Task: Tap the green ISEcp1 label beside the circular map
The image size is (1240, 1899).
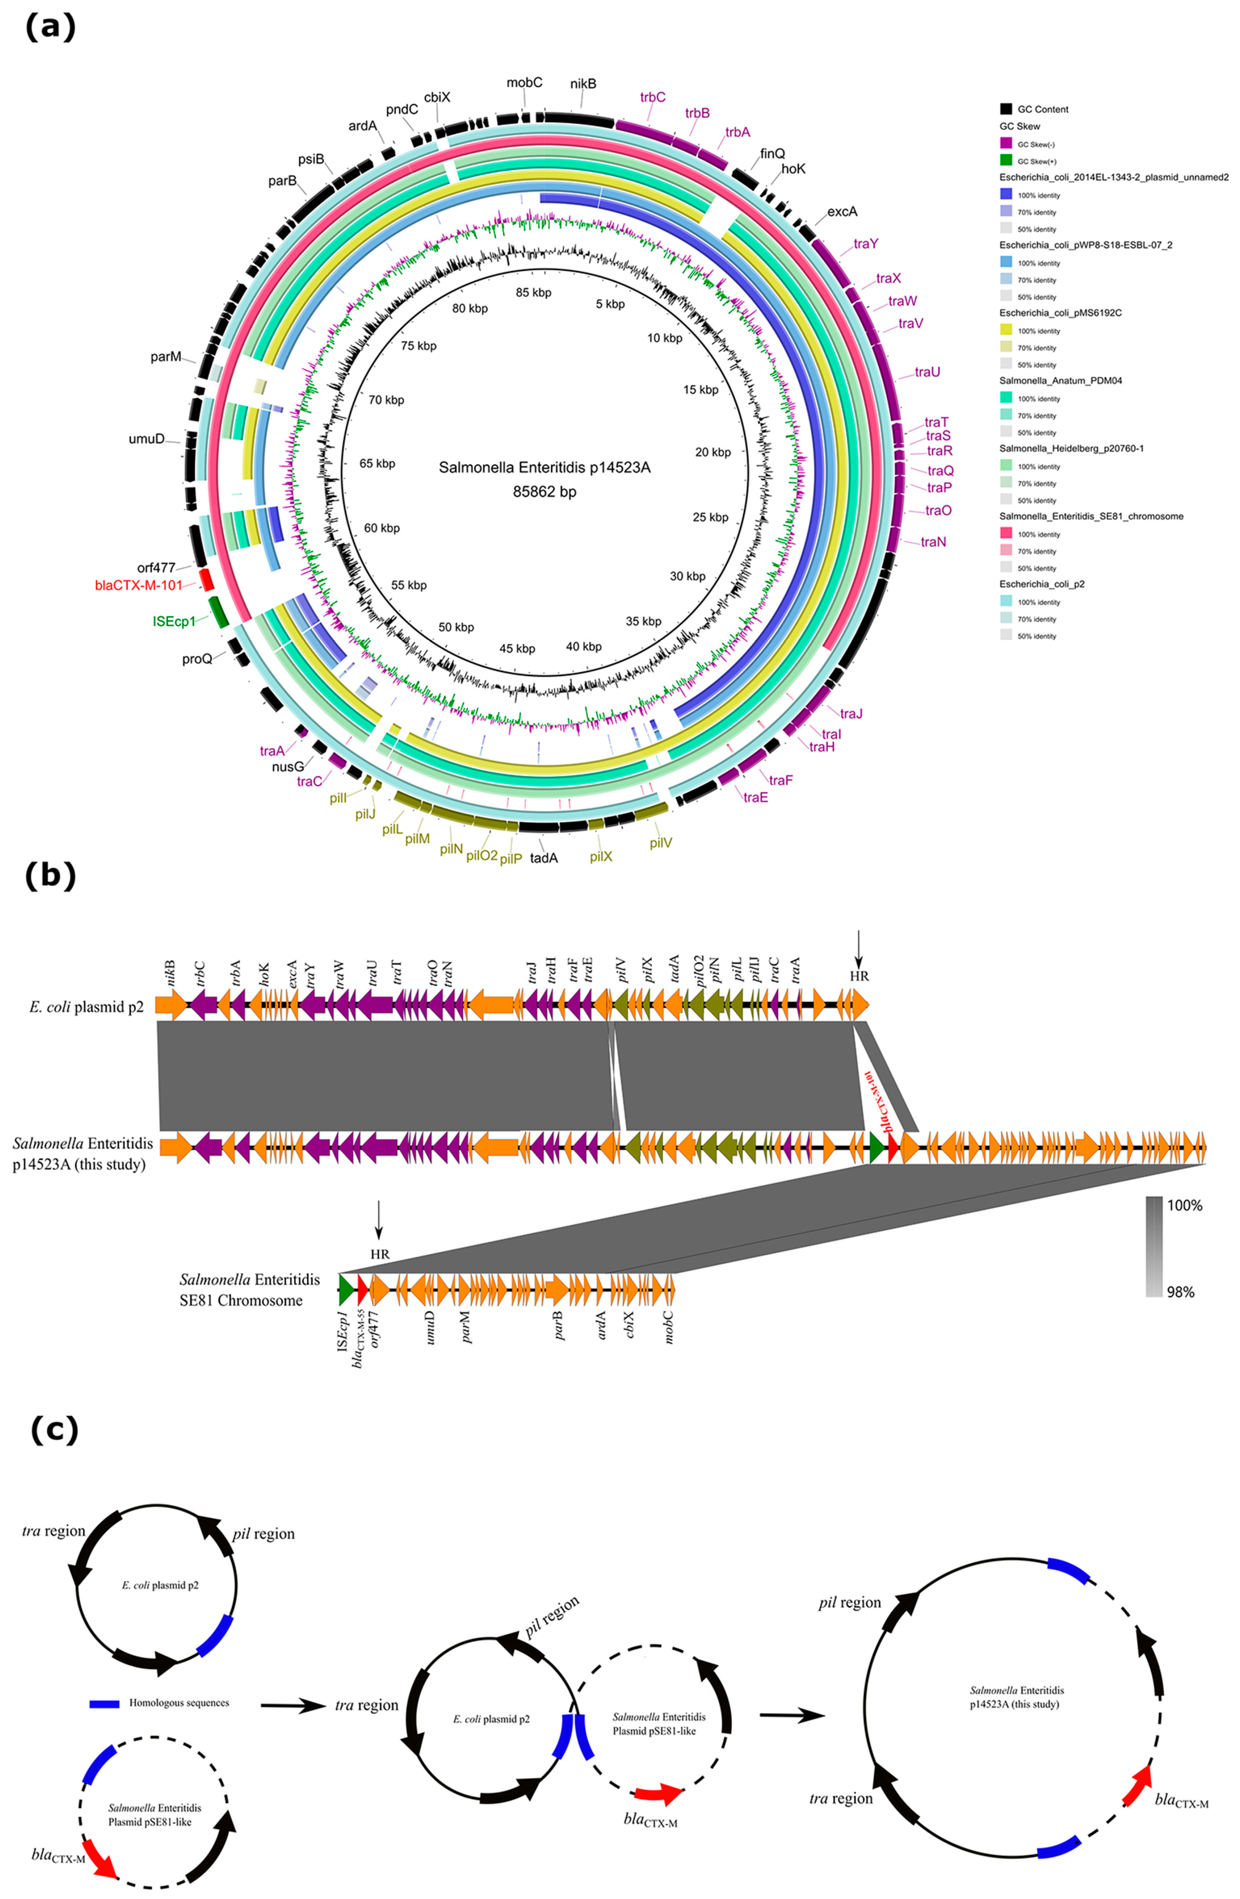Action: (174, 621)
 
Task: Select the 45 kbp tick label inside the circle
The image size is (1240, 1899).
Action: (517, 648)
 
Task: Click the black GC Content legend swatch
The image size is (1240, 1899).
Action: (1006, 108)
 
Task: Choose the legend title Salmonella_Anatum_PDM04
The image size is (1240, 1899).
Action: (1061, 381)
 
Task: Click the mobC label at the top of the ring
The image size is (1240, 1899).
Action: (525, 82)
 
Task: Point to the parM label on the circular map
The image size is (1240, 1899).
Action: (166, 357)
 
